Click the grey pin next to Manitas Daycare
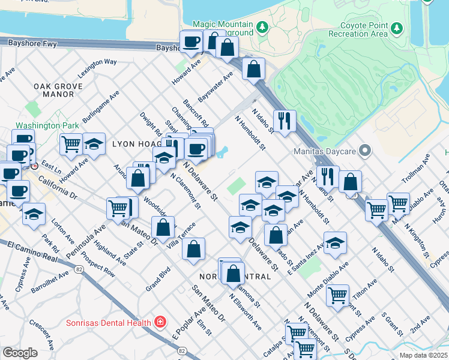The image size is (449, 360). pyautogui.click(x=364, y=151)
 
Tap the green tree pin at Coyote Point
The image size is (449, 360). pyautogui.click(x=396, y=28)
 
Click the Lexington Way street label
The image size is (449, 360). pyautogui.click(x=97, y=70)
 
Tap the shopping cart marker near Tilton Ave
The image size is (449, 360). pyautogui.click(x=337, y=294)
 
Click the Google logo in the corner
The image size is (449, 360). pyautogui.click(x=20, y=353)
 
